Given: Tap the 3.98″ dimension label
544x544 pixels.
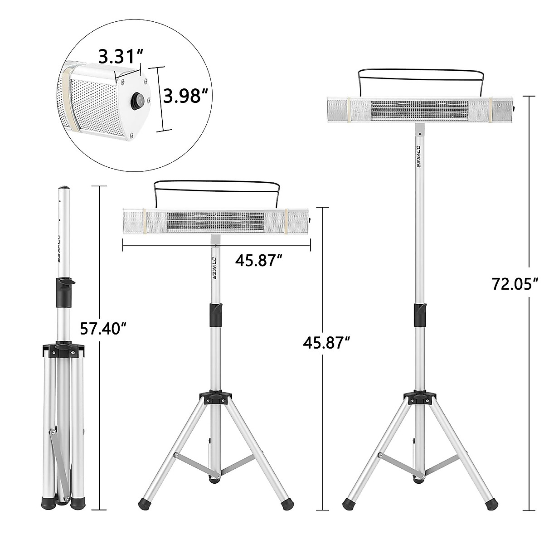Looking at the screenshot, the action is [184, 97].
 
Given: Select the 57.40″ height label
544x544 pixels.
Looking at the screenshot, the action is [103, 329].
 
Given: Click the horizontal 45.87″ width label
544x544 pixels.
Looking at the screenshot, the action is [258, 261].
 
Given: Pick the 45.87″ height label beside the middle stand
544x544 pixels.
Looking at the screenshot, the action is [326, 343].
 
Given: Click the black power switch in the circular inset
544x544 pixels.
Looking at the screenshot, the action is [138, 99].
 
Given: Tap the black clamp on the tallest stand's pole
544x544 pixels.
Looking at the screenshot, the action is [420, 314].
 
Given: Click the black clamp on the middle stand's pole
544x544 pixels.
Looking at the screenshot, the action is [215, 314].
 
